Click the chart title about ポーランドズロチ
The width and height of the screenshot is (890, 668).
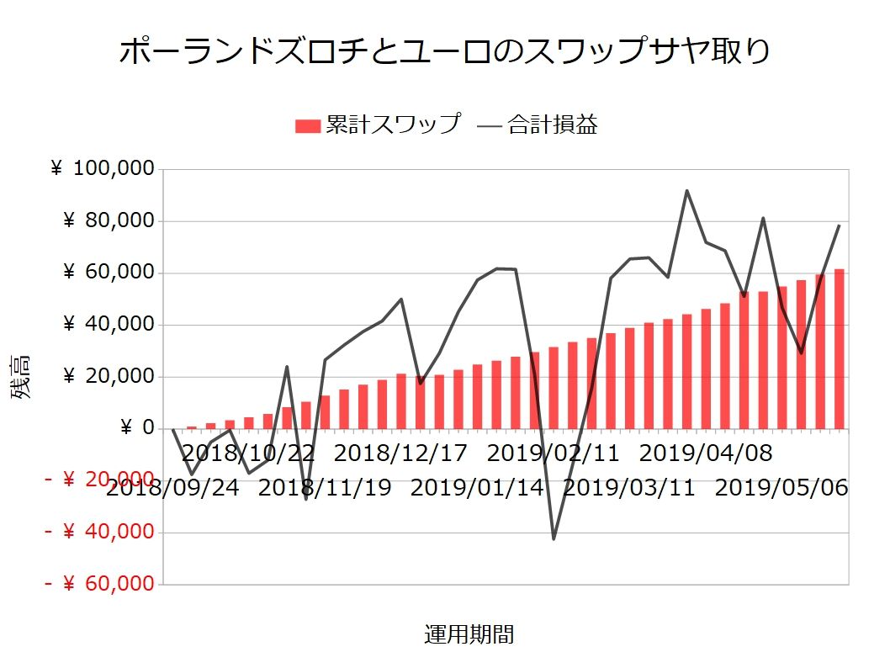(x=444, y=52)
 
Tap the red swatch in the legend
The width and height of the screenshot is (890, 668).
(x=308, y=126)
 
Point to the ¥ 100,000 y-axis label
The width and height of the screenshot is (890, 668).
(x=103, y=169)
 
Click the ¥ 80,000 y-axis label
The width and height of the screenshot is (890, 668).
(x=109, y=221)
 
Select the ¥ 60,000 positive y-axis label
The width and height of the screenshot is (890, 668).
(x=109, y=273)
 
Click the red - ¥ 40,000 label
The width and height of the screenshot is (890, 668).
(x=100, y=532)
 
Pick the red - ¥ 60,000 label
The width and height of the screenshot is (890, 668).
(x=100, y=584)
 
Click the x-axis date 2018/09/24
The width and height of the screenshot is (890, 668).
(x=172, y=488)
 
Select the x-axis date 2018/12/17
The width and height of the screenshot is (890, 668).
(x=400, y=453)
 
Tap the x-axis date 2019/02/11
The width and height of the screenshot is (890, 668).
(x=553, y=453)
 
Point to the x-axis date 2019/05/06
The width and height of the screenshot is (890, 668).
(x=781, y=488)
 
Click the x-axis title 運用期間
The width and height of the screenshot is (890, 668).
(x=469, y=634)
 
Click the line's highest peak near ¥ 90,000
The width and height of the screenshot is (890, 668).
(x=687, y=191)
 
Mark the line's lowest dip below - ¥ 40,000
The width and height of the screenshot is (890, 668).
(x=554, y=538)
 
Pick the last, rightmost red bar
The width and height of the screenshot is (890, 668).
(x=839, y=349)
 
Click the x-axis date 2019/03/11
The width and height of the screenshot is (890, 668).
(x=629, y=488)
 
